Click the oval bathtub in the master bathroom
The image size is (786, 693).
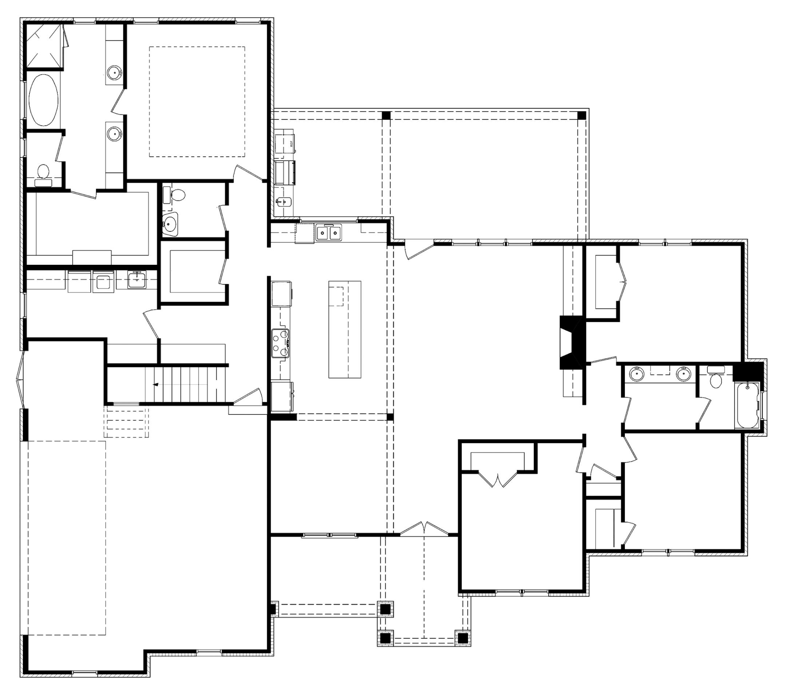tap(43, 100)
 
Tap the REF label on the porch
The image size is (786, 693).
tap(291, 144)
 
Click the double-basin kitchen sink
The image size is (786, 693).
tap(328, 232)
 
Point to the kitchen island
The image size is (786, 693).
tap(345, 329)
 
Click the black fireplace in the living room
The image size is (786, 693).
tap(572, 342)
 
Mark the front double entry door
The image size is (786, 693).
tap(424, 530)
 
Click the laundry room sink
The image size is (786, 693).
tap(136, 279)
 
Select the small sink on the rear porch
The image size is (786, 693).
tap(283, 201)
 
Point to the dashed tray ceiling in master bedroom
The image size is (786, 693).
tap(197, 101)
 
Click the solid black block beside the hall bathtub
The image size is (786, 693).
tap(748, 371)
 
